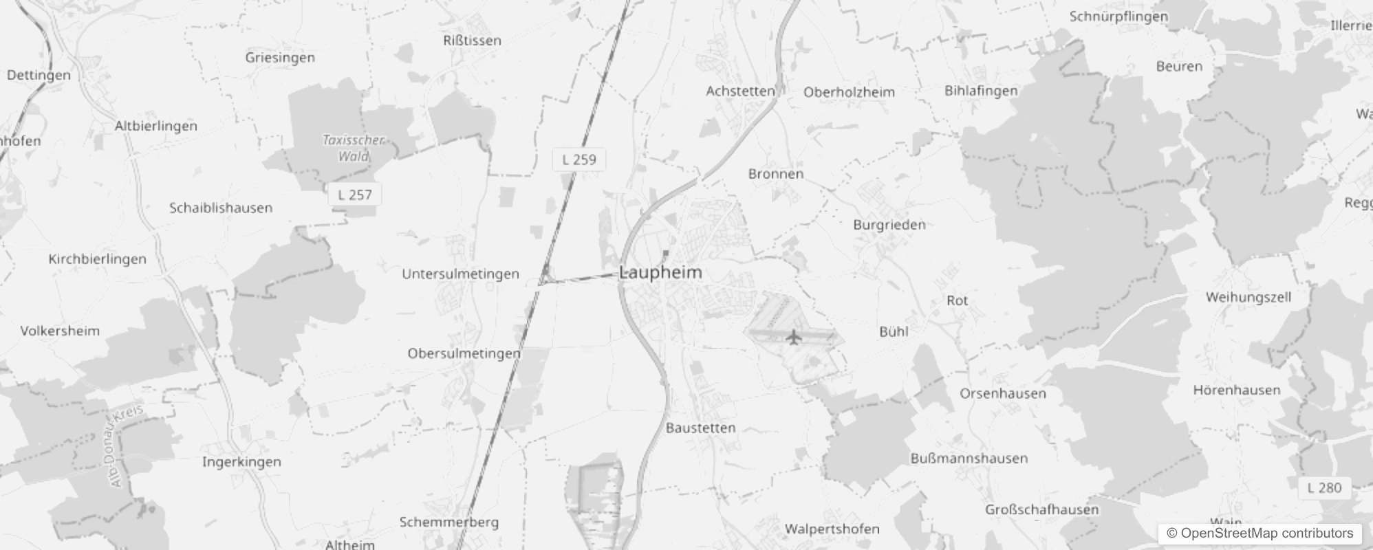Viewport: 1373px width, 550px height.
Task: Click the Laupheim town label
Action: click(x=660, y=272)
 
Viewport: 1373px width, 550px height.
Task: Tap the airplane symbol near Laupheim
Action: click(x=793, y=337)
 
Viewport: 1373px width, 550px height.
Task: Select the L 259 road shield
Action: click(x=579, y=159)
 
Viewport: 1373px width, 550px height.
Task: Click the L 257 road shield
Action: click(x=354, y=195)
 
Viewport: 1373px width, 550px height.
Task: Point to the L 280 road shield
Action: click(x=1324, y=487)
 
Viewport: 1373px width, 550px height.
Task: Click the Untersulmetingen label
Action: click(x=460, y=274)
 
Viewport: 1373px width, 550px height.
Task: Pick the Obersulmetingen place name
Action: click(x=464, y=353)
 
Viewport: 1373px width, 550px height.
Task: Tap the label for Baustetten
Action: click(x=700, y=428)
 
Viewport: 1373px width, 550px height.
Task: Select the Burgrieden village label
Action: click(x=889, y=225)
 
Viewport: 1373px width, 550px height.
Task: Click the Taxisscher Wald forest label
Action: click(x=354, y=148)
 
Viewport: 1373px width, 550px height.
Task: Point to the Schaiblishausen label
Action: click(x=221, y=208)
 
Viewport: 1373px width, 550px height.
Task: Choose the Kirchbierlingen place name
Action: click(x=97, y=259)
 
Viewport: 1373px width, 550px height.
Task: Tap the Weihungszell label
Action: click(x=1248, y=297)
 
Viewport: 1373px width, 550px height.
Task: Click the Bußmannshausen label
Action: click(x=969, y=459)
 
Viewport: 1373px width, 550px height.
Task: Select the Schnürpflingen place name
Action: click(x=1118, y=16)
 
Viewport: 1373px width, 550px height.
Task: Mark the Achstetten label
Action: click(x=740, y=91)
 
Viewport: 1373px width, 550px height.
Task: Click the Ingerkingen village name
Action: click(x=241, y=462)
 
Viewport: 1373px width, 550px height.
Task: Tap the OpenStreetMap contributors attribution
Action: click(x=1260, y=533)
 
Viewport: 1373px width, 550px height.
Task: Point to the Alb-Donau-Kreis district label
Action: click(x=126, y=446)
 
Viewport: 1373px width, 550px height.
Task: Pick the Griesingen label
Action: click(x=280, y=58)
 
